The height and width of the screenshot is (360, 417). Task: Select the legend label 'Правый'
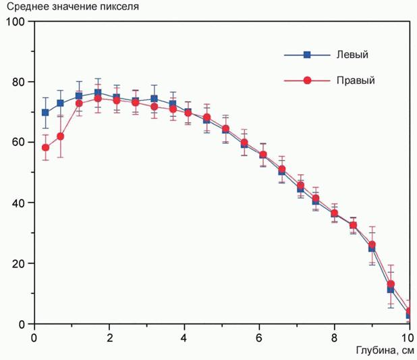[356, 80]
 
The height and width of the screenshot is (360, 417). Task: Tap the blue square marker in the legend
[307, 55]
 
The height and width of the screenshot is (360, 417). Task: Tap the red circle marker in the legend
[307, 80]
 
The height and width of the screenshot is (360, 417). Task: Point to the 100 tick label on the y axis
[15, 22]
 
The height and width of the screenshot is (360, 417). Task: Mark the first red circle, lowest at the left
[45, 148]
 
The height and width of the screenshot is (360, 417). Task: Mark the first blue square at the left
[45, 113]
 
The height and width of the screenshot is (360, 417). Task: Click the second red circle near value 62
[61, 136]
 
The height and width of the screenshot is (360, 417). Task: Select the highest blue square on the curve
[98, 93]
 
